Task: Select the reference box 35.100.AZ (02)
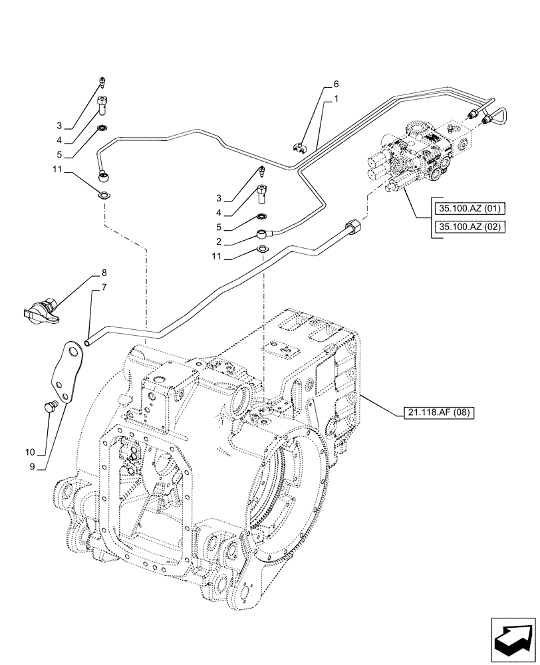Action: coord(468,227)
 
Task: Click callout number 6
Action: coord(336,84)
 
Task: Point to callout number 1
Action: coord(336,98)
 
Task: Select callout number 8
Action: coord(104,273)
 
